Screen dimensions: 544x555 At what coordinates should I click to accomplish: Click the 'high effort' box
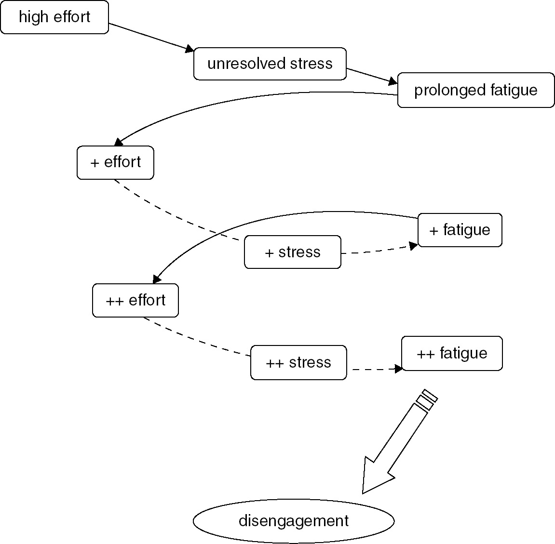pos(54,17)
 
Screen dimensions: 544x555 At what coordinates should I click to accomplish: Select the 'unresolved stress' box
pos(270,64)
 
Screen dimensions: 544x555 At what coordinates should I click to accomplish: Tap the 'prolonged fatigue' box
pos(476,90)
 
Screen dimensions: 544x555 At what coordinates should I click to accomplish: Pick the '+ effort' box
pos(115,162)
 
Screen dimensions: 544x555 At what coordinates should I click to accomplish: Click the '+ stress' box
pos(293,252)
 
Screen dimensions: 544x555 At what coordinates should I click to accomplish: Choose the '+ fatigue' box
pos(460,230)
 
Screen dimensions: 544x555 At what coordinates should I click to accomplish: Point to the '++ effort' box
pos(135,301)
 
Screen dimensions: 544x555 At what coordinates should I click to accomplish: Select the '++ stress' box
pos(298,362)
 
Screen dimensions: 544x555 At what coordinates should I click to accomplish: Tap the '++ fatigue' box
pos(452,353)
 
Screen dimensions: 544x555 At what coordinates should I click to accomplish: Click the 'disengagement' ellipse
pos(294,521)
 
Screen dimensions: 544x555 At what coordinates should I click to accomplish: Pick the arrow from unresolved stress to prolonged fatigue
pos(372,76)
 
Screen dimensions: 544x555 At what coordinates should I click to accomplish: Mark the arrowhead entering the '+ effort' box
pos(118,142)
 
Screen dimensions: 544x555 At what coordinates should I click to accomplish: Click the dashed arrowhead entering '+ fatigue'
pos(413,246)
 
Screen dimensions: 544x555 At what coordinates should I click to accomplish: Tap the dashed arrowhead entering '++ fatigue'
pos(398,369)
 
